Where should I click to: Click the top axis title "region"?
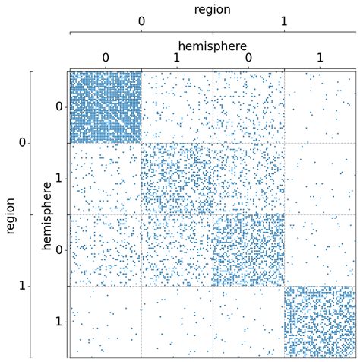click(212, 10)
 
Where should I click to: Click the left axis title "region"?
click(11, 214)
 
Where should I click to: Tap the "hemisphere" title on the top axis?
click(212, 46)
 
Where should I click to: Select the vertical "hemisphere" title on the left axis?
click(47, 214)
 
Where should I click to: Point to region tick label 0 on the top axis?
click(141, 21)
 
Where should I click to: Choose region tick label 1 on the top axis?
click(283, 21)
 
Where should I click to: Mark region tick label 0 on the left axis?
click(23, 143)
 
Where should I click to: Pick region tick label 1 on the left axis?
click(23, 286)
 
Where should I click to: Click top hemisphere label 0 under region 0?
click(106, 58)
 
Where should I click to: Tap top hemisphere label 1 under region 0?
click(177, 58)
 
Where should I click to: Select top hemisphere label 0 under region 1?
click(248, 58)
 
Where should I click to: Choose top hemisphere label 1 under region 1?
click(320, 58)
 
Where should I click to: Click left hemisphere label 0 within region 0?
click(59, 107)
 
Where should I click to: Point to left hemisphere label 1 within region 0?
click(59, 179)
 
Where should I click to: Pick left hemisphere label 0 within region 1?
click(59, 250)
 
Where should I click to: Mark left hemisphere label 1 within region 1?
click(59, 322)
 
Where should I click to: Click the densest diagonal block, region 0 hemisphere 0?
click(106, 107)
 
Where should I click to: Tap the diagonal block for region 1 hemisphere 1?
click(320, 322)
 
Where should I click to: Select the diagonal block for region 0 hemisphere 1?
click(177, 179)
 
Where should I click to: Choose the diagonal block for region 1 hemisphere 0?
click(248, 250)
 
